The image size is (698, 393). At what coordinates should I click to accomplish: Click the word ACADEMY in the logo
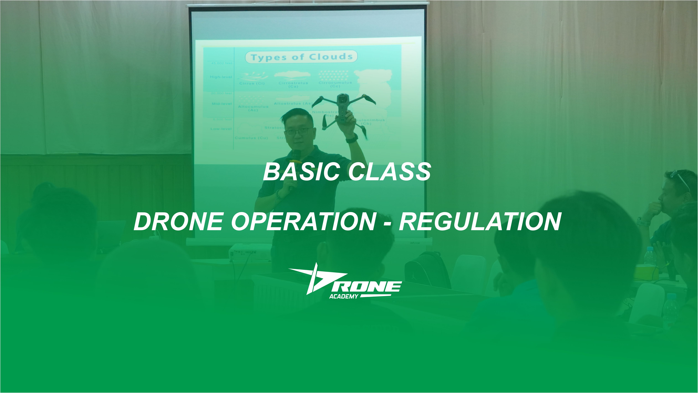[x=344, y=297]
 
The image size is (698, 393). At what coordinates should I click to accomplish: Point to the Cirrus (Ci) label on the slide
[x=252, y=83]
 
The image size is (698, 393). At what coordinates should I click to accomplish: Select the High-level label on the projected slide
[x=221, y=77]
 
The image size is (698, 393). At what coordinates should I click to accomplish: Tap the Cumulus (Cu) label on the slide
[x=251, y=138]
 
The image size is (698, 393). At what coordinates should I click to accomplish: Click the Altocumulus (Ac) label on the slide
[x=253, y=108]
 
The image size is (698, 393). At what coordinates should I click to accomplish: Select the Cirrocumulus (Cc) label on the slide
[x=335, y=84]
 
